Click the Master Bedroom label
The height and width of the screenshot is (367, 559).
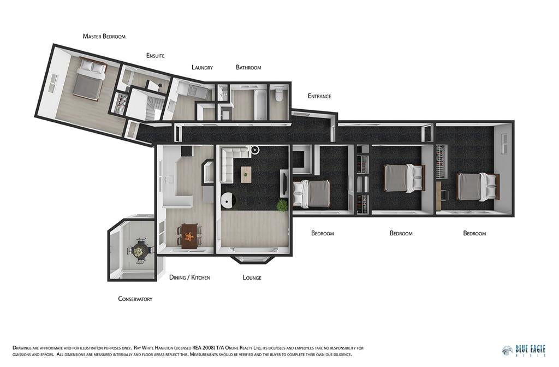point(104,36)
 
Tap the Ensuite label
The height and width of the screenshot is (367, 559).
point(155,56)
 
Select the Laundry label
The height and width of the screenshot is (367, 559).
point(202,67)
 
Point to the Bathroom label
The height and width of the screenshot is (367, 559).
point(248,67)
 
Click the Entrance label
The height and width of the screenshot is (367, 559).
point(319,96)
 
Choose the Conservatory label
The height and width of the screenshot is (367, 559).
point(135,299)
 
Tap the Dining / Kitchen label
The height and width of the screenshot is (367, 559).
point(189,277)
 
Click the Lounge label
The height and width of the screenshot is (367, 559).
point(252,277)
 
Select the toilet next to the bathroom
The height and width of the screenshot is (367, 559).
point(278,95)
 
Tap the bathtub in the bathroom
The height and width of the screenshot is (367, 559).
point(259,104)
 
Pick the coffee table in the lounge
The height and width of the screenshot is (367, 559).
point(246,174)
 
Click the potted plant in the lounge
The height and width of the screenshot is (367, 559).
point(282,206)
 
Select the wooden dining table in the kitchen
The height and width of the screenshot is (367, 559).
point(189,236)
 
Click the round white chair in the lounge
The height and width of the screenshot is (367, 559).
point(228,200)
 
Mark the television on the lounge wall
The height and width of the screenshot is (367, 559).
point(284,183)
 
